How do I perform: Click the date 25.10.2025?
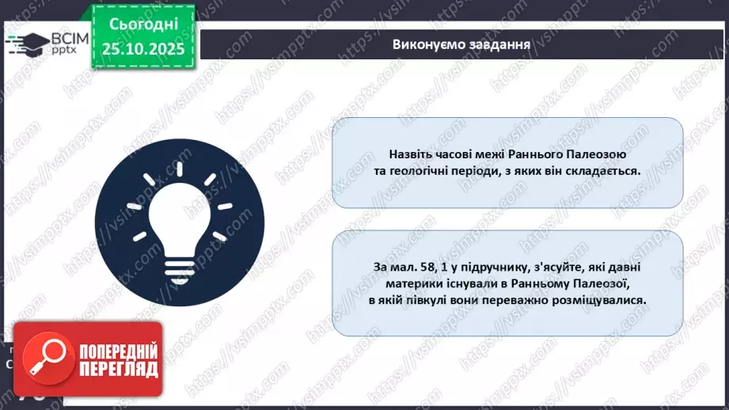(x=143, y=47)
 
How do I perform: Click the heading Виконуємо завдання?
(x=461, y=44)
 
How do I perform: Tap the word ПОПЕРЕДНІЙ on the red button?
(x=114, y=350)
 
